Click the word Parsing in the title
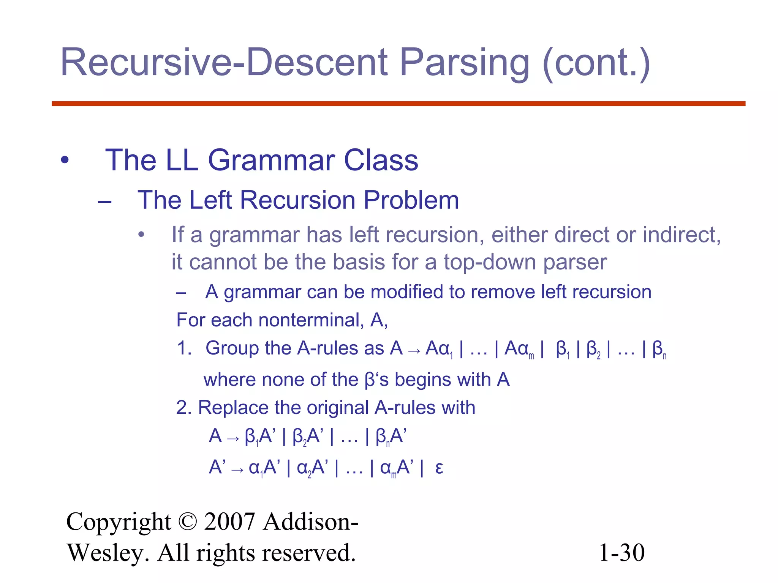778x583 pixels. (x=464, y=63)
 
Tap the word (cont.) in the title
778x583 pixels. (x=596, y=63)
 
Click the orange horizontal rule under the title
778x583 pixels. (x=398, y=104)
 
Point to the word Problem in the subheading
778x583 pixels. (x=411, y=200)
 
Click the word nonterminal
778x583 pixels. (x=308, y=320)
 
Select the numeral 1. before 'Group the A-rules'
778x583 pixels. (x=185, y=348)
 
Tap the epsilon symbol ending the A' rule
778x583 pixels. (x=439, y=468)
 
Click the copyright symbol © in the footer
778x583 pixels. (x=187, y=522)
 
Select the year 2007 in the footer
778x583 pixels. (x=229, y=522)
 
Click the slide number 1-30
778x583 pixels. (x=621, y=553)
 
